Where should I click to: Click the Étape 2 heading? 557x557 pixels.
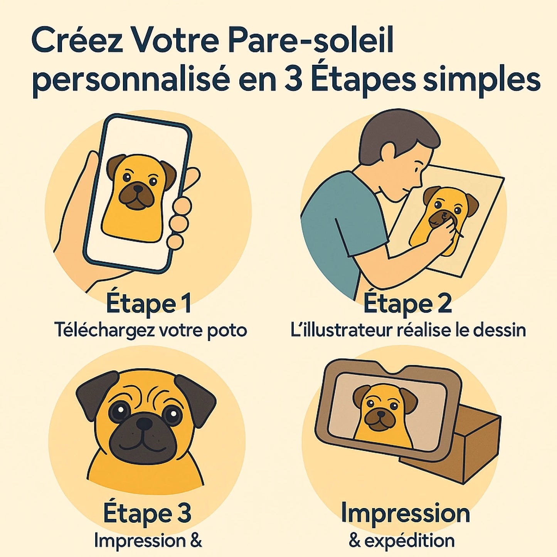coord(407,304)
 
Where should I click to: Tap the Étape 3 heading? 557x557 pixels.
coord(147,513)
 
